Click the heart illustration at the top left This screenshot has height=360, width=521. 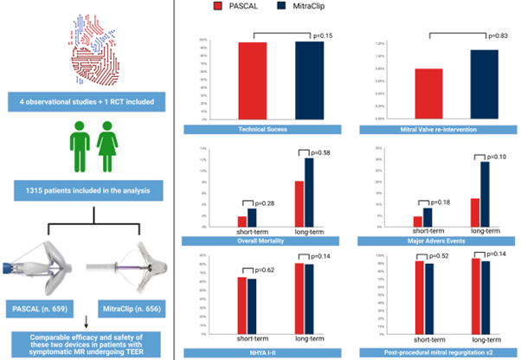click(x=89, y=48)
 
